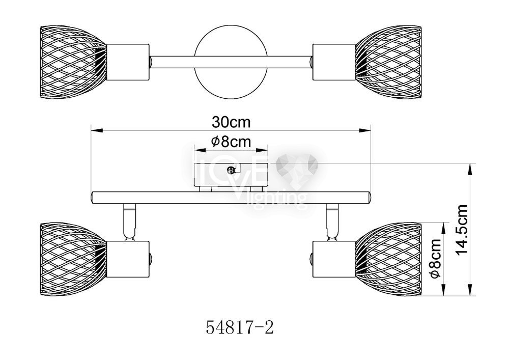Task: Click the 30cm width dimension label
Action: (x=231, y=122)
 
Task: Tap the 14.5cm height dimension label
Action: (x=462, y=230)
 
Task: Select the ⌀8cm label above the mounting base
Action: (x=231, y=142)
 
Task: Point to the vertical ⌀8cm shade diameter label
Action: (x=435, y=258)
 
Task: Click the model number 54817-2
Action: (x=240, y=327)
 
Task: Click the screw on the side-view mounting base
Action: (x=231, y=170)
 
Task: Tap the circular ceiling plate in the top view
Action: (x=231, y=62)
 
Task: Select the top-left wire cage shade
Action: (x=73, y=62)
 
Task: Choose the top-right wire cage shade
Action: (x=388, y=62)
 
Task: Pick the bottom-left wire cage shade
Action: (x=73, y=259)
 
